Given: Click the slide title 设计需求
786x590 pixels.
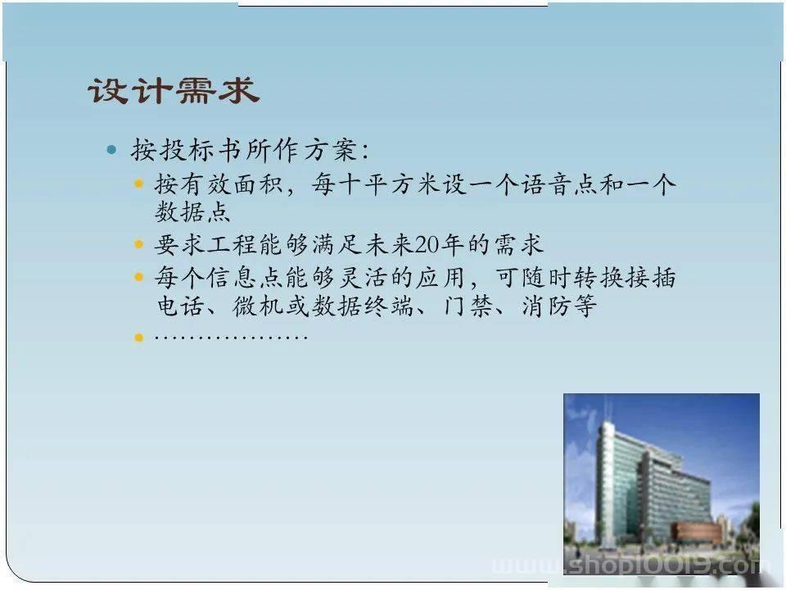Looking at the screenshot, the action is point(174,91).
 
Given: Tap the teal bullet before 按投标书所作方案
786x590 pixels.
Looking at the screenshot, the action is point(111,149).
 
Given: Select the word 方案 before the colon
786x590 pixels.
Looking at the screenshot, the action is point(331,149).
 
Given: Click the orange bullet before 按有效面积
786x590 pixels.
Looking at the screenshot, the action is point(139,184).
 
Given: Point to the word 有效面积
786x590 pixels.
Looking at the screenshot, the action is point(232,184).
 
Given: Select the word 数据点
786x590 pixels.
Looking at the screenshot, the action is point(192,211).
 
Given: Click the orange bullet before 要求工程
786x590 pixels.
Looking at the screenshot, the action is point(139,245).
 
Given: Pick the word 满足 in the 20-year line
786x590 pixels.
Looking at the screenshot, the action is point(337,245).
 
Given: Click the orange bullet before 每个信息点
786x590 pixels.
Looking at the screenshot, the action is point(139,277).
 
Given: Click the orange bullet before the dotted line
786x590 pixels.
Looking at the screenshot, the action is point(139,338).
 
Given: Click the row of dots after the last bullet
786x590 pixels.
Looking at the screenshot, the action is point(231,337).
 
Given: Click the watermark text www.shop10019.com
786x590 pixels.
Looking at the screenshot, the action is point(630,566).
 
